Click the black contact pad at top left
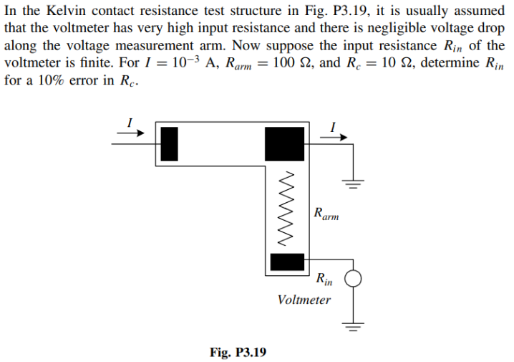[x=168, y=143]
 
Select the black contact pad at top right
[x=284, y=143]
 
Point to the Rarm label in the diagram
[x=326, y=214]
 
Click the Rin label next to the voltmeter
[x=324, y=278]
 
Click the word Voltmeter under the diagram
[x=304, y=300]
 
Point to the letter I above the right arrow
[x=333, y=127]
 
